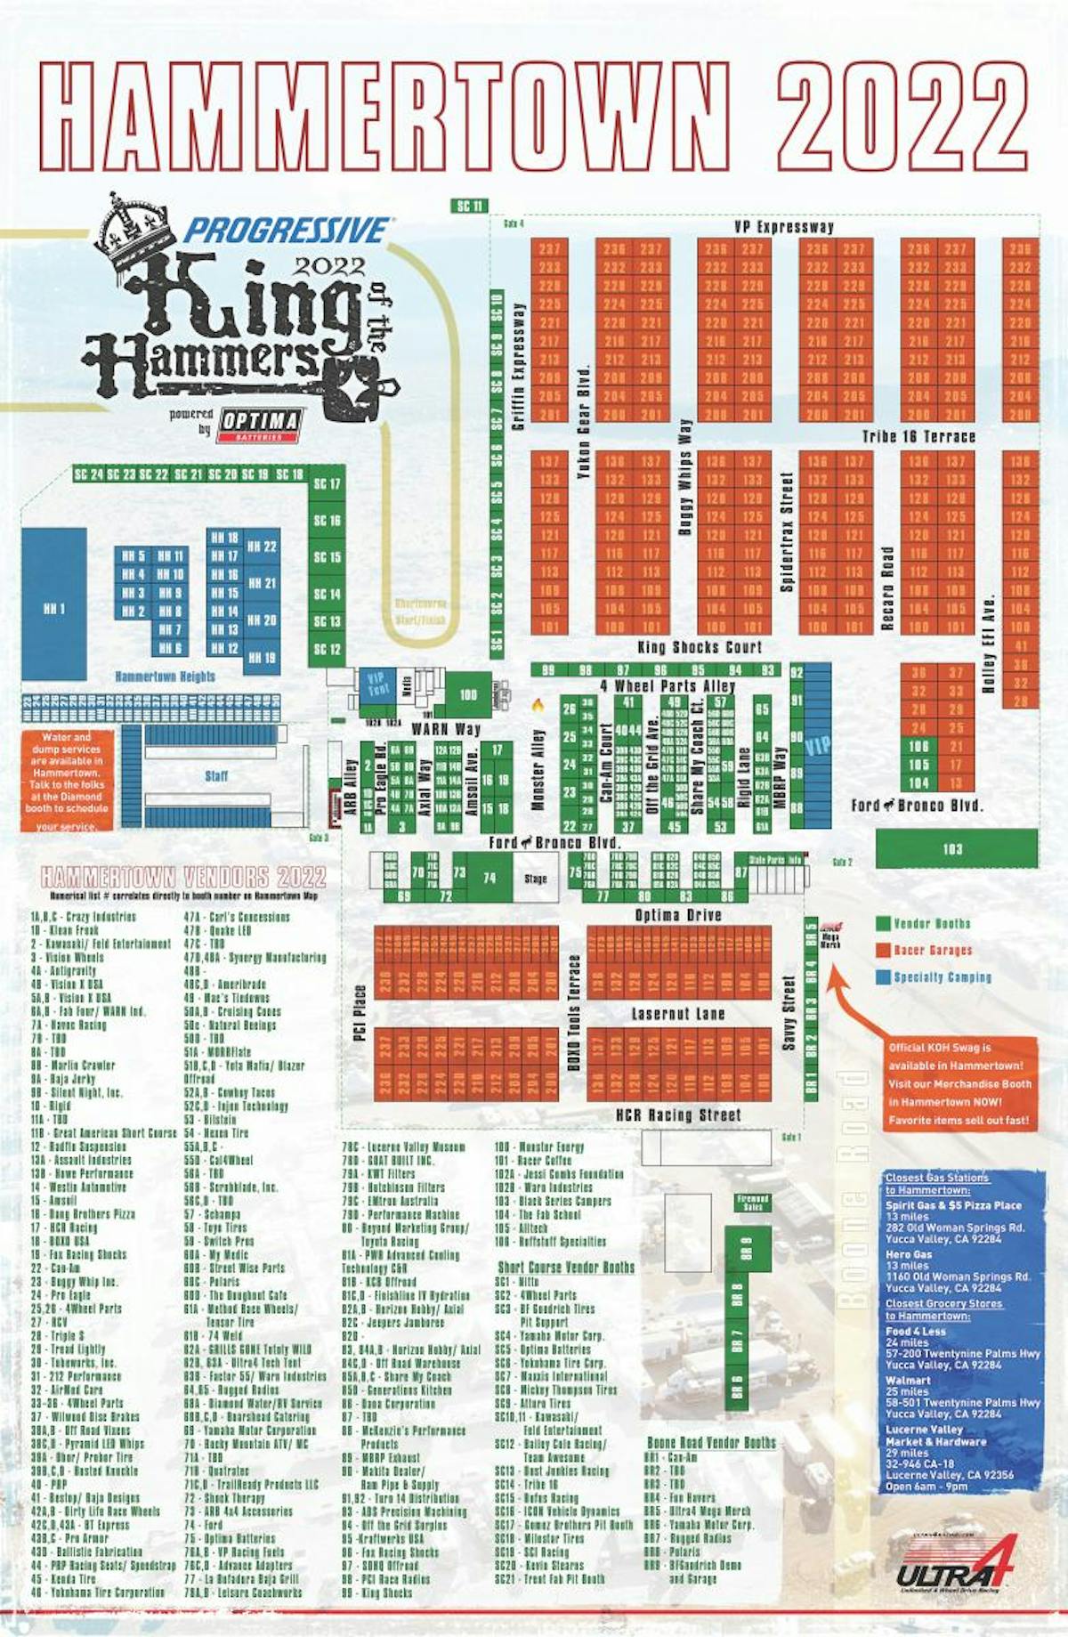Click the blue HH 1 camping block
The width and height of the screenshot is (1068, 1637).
[54, 604]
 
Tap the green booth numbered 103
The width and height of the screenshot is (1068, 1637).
[956, 848]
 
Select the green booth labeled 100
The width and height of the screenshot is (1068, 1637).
[468, 694]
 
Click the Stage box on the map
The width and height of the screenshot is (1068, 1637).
[536, 878]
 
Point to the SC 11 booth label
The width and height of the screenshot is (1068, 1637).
[470, 207]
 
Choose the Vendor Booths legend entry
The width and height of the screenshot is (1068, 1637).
[931, 924]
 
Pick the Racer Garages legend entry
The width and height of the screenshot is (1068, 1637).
[932, 951]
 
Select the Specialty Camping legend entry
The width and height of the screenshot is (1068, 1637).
[942, 977]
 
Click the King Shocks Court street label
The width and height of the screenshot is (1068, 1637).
[700, 647]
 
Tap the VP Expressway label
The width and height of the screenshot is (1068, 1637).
[784, 227]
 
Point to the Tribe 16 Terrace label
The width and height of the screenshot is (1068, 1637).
[918, 436]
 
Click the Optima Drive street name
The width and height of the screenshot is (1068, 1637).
[678, 915]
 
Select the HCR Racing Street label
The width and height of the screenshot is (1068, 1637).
[678, 1114]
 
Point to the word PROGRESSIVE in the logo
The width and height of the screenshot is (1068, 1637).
[287, 231]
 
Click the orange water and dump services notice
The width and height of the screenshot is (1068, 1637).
[68, 781]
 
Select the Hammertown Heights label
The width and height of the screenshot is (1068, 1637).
[165, 677]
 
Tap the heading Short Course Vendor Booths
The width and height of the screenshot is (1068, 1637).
[566, 1267]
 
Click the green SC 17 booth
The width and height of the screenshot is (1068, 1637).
[327, 484]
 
